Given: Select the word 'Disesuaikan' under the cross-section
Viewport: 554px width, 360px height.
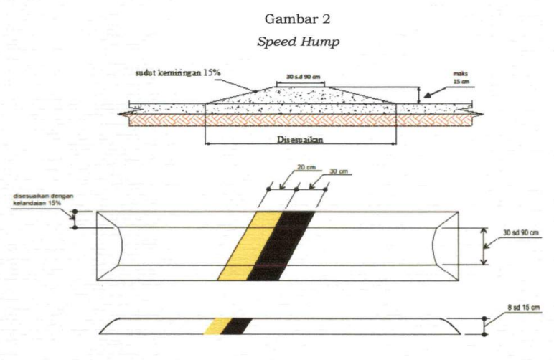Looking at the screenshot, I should click(300, 140).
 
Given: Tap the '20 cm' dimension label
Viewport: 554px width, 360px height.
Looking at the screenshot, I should click(306, 168).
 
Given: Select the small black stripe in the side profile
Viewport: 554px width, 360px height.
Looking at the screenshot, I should click(237, 326).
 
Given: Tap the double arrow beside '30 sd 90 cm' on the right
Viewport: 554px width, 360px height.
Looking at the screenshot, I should click(484, 247).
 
